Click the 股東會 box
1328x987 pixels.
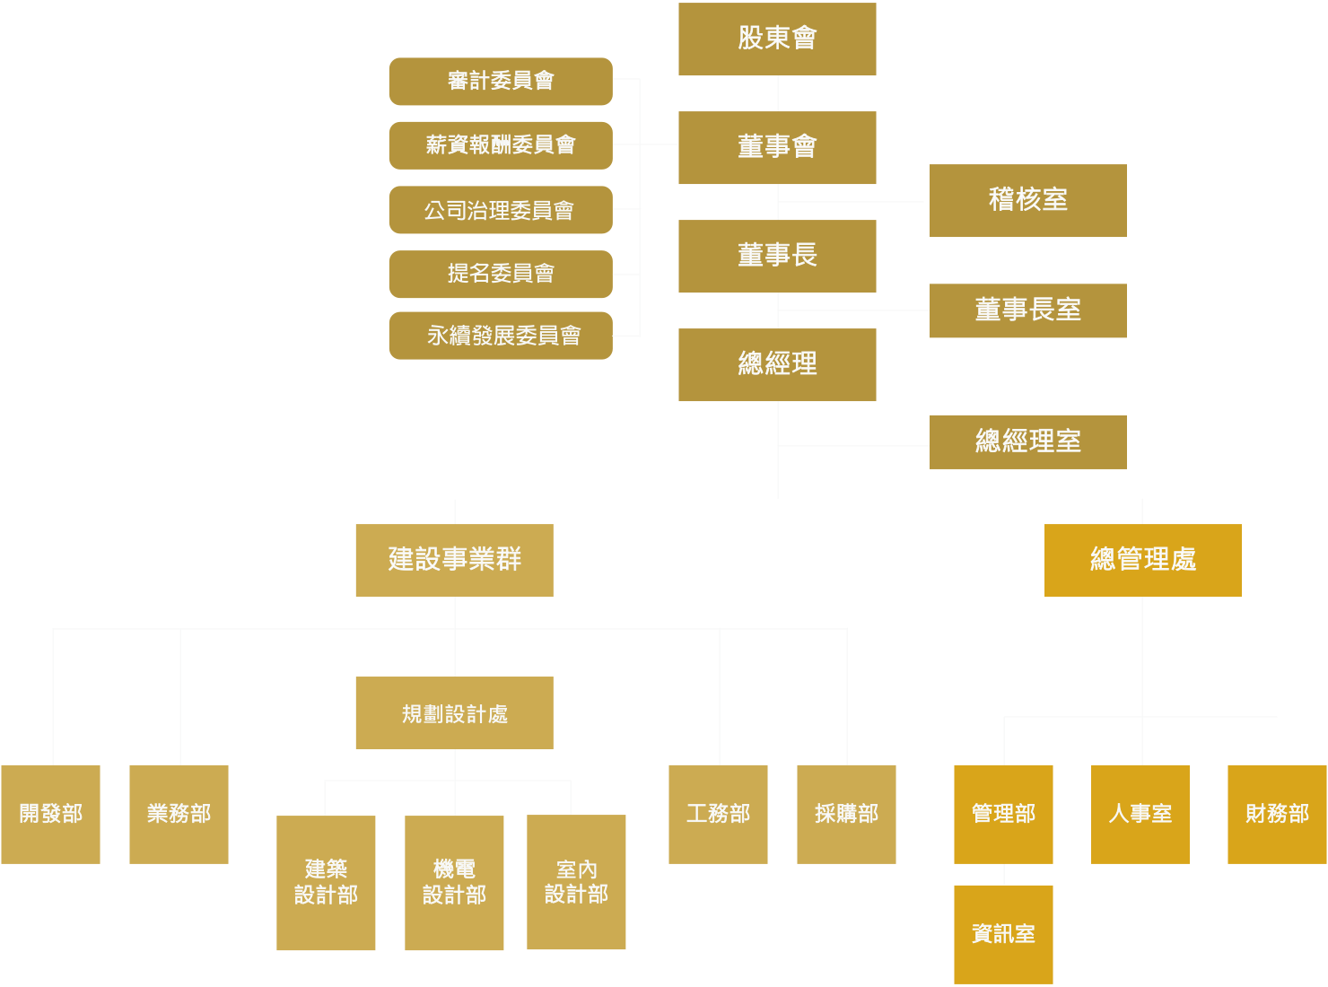[777, 39]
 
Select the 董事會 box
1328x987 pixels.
[777, 147]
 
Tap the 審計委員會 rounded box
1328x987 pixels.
[501, 82]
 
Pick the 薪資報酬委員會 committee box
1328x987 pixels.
[501, 145]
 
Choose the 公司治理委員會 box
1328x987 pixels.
[501, 210]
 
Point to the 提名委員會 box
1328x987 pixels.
[501, 274]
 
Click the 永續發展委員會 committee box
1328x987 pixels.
[501, 336]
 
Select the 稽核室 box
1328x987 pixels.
[1027, 201]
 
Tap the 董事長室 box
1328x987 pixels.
[1027, 310]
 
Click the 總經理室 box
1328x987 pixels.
[1027, 441]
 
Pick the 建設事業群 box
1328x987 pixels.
[454, 560]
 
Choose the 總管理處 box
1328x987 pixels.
[1142, 560]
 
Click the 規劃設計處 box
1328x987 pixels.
[454, 712]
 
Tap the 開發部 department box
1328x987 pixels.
[50, 814]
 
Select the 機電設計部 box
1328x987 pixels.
[454, 882]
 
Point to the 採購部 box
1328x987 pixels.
[846, 814]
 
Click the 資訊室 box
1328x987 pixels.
[1003, 934]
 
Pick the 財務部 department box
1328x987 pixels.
[1277, 814]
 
